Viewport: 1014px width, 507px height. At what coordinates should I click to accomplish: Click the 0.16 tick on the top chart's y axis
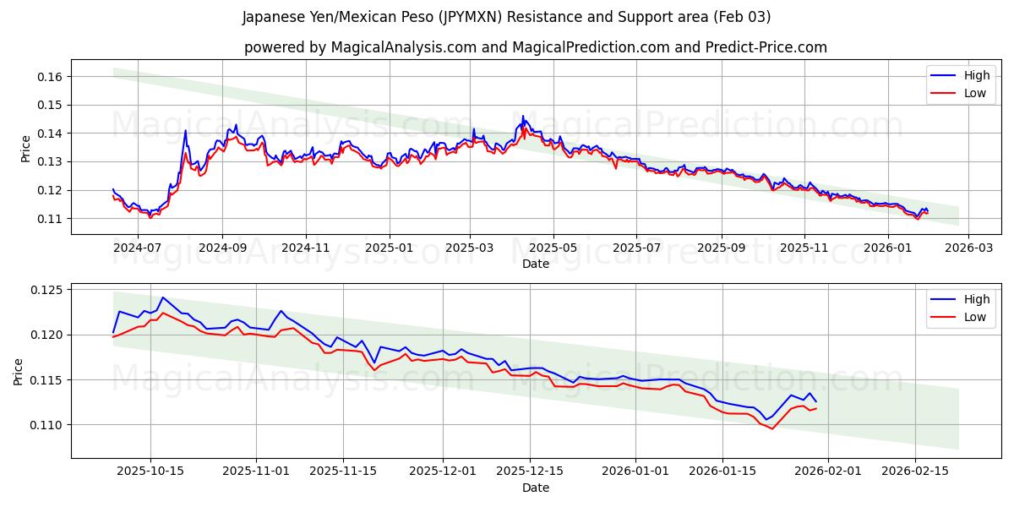[50, 77]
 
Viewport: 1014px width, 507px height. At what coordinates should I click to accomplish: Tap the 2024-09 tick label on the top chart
[222, 248]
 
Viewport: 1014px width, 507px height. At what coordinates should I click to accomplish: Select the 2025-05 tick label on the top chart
[553, 248]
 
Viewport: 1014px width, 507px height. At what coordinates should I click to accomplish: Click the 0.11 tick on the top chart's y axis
[50, 219]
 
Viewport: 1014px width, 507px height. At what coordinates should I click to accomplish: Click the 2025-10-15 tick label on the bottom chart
[150, 472]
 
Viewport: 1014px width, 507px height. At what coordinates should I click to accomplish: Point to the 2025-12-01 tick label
[444, 472]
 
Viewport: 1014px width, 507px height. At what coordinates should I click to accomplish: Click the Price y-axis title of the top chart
[25, 148]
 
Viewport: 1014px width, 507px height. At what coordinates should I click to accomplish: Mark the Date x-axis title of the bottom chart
[536, 488]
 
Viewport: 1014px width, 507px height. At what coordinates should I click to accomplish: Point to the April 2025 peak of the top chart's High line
[522, 116]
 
